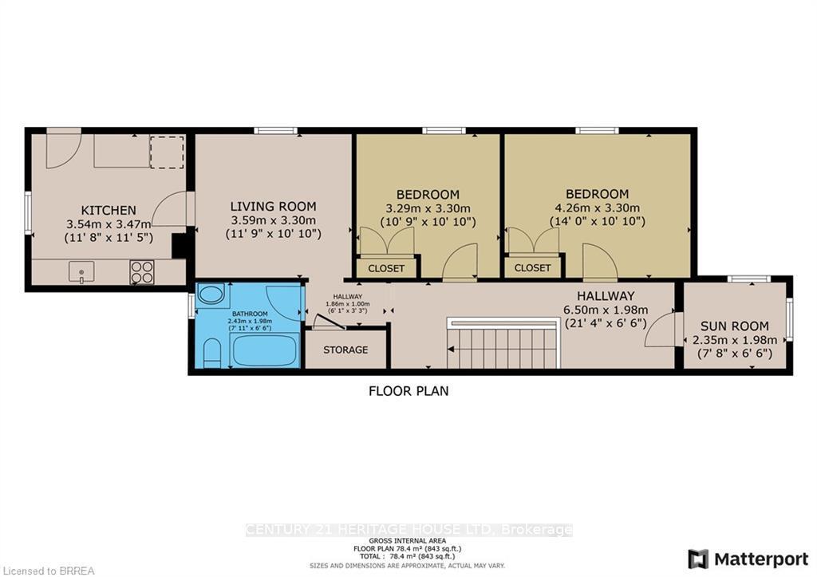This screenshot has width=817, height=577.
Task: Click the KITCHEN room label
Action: click(108, 210)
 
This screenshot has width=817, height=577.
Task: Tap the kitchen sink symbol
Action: click(81, 272)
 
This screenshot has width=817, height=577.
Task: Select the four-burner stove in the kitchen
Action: click(142, 272)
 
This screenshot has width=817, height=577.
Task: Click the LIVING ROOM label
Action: click(273, 206)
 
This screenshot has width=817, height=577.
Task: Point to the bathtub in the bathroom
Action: click(263, 350)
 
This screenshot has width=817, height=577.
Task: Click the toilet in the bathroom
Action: click(211, 353)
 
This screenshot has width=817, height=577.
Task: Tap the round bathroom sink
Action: click(211, 294)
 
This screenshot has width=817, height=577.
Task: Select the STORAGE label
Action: click(345, 350)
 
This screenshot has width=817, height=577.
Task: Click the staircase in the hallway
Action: click(503, 348)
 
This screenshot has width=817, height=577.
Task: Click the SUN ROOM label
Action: click(734, 326)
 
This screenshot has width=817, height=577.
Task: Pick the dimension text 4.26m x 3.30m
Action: click(597, 207)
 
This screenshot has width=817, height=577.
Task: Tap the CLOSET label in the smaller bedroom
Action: click(386, 268)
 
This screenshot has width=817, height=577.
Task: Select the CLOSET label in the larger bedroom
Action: click(533, 268)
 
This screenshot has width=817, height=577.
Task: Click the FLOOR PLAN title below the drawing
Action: click(408, 391)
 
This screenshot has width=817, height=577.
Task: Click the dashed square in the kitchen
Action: click(168, 151)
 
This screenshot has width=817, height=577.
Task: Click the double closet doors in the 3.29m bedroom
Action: click(386, 242)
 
